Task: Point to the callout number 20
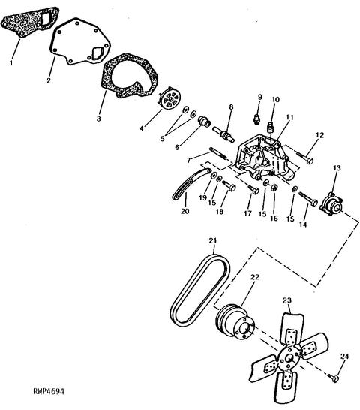[x=184, y=211]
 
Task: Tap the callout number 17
[x=247, y=213]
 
